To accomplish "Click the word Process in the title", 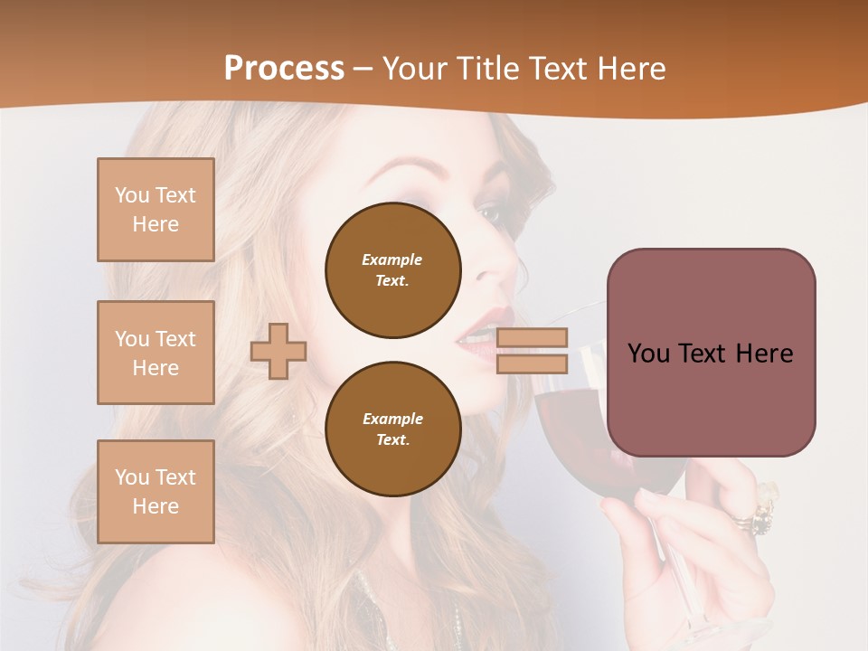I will pos(284,69).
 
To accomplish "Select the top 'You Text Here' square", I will pos(156,210).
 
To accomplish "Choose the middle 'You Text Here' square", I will pos(156,353).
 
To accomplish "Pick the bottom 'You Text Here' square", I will pos(156,491).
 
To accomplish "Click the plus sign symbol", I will pos(278,350).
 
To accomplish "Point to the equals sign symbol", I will pos(532,351).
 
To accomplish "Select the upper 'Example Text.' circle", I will pos(393,270).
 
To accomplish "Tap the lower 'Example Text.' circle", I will pos(393,429).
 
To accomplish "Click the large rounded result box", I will pos(711,352).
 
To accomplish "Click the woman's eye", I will pos(489,214).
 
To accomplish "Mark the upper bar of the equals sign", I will pos(532,338).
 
